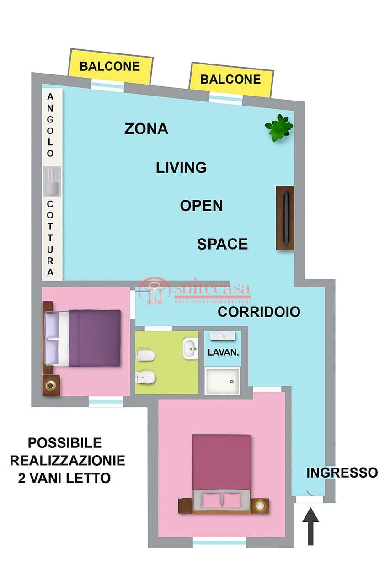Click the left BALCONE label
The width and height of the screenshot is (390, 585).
(x=110, y=66)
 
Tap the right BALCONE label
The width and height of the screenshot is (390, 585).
(x=230, y=80)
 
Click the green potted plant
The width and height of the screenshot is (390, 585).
(x=279, y=128)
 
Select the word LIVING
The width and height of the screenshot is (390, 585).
(x=182, y=167)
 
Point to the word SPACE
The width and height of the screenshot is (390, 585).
(x=222, y=244)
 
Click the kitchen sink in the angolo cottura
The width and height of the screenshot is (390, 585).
(x=52, y=181)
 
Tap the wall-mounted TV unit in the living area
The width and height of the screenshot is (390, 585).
(x=285, y=218)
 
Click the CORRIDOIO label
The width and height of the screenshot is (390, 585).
(x=259, y=312)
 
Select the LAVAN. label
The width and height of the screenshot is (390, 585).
(x=223, y=352)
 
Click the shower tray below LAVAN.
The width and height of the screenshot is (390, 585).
(x=222, y=381)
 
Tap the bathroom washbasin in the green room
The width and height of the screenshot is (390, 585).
(x=191, y=348)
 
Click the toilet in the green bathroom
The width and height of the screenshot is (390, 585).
(x=146, y=356)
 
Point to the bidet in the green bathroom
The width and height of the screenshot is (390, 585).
(x=146, y=378)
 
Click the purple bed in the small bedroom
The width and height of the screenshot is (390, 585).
(x=83, y=338)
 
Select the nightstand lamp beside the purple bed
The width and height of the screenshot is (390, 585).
(x=50, y=385)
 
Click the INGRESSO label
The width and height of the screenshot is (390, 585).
(x=342, y=473)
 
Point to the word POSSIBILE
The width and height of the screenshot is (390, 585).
(x=65, y=443)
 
